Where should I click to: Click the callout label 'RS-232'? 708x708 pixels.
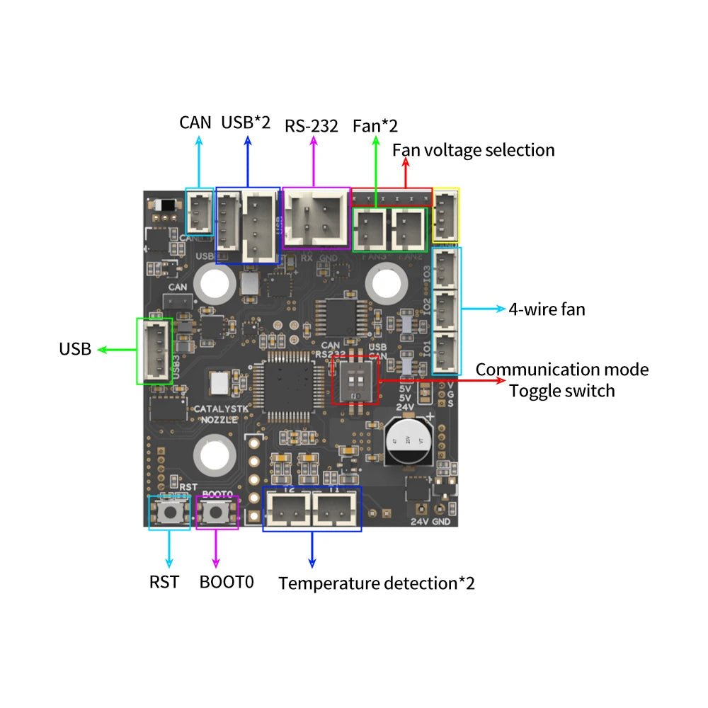312,126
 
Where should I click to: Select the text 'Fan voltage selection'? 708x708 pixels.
474,150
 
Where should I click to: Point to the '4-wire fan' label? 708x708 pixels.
547,309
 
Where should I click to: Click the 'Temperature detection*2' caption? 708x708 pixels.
377,583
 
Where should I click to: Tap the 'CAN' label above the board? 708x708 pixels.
195,122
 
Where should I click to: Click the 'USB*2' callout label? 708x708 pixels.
246,122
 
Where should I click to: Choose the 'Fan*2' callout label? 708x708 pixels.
375,126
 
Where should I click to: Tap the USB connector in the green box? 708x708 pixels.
154,351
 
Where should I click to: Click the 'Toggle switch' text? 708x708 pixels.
562,390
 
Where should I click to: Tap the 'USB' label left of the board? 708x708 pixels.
75,349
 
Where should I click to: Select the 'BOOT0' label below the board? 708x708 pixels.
227,583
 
